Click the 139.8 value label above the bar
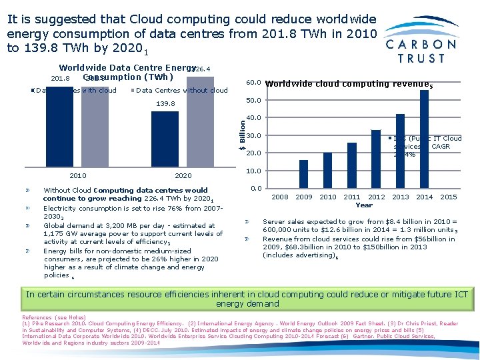(165, 104)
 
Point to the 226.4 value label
(201, 69)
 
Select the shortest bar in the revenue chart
(303, 174)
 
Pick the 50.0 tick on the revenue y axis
(253, 101)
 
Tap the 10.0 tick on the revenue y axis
(253, 171)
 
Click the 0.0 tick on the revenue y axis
(255, 189)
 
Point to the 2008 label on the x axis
(279, 197)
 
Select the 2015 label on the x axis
(449, 197)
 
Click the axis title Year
(364, 205)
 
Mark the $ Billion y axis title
(241, 127)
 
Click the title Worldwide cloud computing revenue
(346, 84)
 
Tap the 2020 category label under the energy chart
(183, 175)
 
